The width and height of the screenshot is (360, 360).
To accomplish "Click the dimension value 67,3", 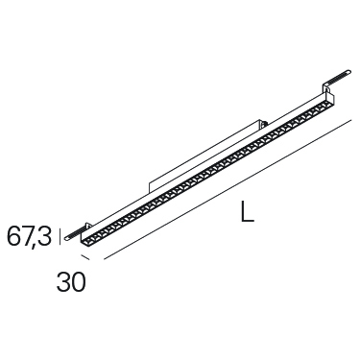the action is coord(29,236).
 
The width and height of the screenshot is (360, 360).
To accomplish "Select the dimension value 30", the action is coord(71,282).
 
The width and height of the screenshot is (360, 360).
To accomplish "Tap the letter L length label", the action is coord(248,211).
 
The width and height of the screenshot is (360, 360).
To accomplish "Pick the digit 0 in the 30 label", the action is coord(79,282).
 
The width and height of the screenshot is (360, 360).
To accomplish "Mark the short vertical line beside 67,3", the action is coord(60,235).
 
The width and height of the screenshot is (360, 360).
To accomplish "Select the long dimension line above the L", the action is coord(228,190).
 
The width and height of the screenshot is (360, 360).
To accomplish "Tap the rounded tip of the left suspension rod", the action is coord(65,238).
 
